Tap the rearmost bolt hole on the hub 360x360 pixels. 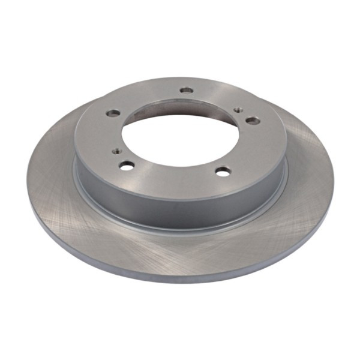tap(187, 91)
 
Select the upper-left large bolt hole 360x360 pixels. tap(112, 113)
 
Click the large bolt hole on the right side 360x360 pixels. tap(253, 120)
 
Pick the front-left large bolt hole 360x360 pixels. tap(126, 165)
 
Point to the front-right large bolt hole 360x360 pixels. tap(223, 172)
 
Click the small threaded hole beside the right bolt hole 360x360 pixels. tap(238, 110)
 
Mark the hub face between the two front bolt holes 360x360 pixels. tap(174, 175)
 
